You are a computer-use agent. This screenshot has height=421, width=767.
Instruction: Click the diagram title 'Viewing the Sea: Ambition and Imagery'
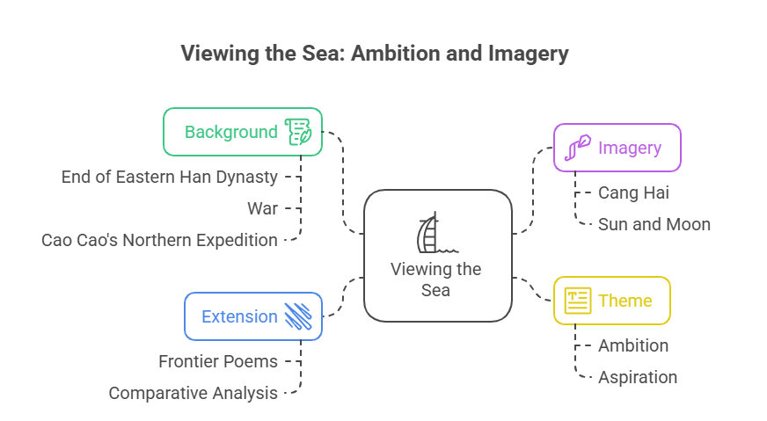375,54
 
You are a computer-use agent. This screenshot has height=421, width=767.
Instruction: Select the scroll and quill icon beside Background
297,132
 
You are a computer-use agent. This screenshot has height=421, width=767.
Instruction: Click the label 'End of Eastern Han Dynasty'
170,177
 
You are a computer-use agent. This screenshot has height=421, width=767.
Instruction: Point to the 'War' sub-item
262,208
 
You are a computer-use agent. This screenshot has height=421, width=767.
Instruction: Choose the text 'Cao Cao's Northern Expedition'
159,240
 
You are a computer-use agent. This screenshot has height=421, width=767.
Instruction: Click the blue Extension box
252,316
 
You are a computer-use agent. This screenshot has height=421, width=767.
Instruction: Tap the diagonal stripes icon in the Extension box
298,316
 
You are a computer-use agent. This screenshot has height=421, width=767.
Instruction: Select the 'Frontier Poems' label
218,361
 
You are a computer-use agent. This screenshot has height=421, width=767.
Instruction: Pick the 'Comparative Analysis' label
194,393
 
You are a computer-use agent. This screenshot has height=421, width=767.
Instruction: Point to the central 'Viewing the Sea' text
436,279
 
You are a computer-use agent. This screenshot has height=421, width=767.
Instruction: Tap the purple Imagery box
617,148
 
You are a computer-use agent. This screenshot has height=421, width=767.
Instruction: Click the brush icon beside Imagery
577,148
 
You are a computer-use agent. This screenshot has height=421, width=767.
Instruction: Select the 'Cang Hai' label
633,192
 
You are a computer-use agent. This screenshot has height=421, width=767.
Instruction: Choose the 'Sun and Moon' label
654,224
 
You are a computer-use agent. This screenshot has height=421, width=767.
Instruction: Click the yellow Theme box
611,301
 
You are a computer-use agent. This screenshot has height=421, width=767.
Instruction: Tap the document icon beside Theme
578,301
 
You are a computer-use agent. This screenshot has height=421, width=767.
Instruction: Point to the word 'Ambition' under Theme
633,345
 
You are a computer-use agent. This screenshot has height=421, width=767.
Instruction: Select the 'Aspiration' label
638,377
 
